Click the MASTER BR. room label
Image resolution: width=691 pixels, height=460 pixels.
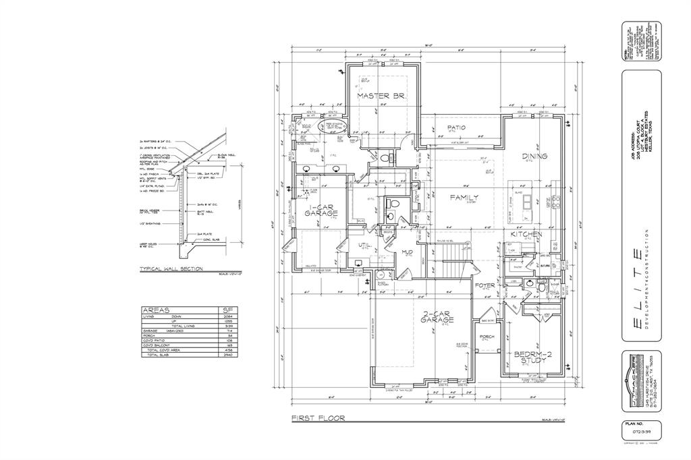[x=381, y=96]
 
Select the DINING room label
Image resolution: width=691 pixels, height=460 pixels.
[x=534, y=156]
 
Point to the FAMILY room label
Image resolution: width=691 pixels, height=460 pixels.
[x=465, y=197]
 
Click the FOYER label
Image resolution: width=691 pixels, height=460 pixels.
[x=485, y=285]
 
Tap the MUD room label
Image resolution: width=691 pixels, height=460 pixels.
[x=407, y=253]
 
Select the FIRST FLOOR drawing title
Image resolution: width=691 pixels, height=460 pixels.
[x=318, y=418]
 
